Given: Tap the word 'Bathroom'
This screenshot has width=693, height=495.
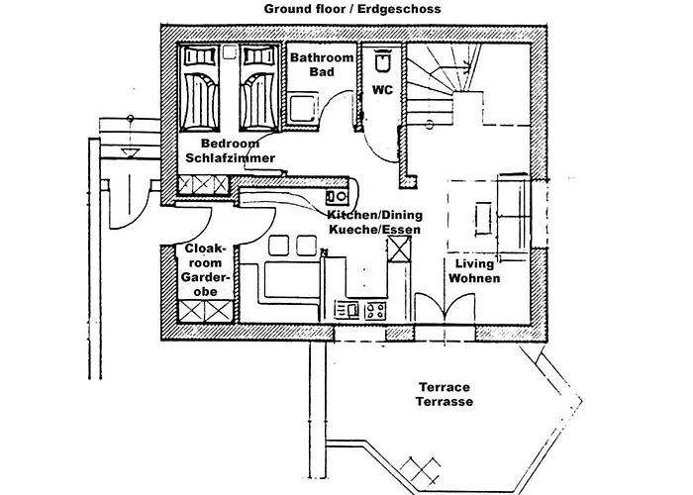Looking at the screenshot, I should tap(322, 58).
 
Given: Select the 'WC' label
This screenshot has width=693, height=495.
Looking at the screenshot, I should tap(382, 90).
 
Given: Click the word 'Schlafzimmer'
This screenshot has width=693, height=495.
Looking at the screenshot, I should tap(231, 158).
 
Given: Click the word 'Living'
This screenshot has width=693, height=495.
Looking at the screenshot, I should tap(474, 264).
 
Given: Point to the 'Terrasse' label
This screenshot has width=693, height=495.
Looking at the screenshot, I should tap(444, 402).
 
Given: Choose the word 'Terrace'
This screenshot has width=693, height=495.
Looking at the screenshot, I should tap(444, 387).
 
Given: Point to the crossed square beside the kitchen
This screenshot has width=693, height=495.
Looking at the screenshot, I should tap(399, 248).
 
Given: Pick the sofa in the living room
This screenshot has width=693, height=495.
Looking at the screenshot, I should tap(516, 212).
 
